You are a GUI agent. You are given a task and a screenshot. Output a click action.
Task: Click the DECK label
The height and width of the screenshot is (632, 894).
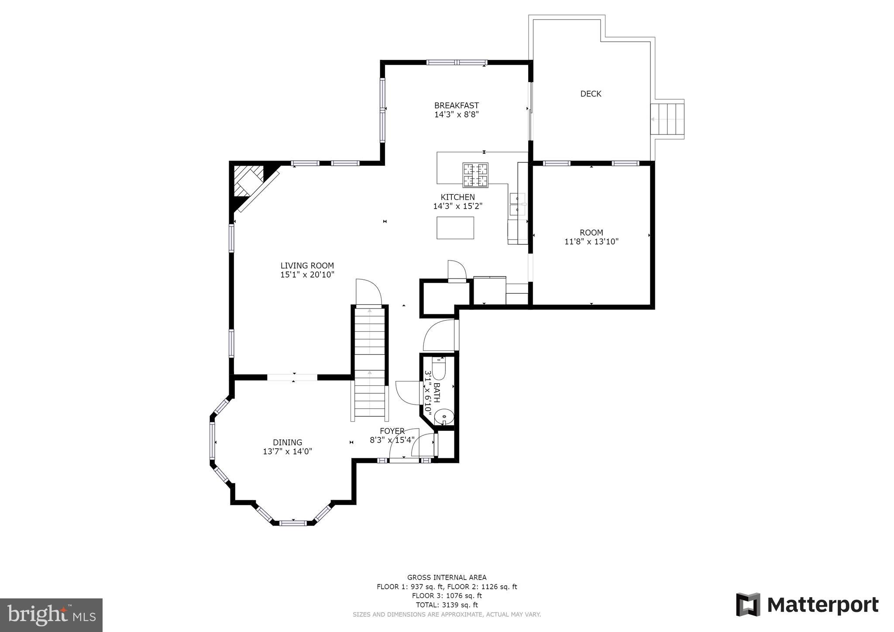(591, 94)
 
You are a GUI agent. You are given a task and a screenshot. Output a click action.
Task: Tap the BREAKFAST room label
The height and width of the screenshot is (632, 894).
(456, 105)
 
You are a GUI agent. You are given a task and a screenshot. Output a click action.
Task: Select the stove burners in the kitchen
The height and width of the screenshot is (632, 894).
(475, 175)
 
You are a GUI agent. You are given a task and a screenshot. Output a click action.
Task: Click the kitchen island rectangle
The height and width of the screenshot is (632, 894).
(455, 228)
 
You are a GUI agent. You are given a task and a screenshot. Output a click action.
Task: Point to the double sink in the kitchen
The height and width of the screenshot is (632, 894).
(518, 204)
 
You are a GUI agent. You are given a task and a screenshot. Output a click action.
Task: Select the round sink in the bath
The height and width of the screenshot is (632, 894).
(444, 417)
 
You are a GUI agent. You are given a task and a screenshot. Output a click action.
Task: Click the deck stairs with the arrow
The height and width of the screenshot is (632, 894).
(667, 119)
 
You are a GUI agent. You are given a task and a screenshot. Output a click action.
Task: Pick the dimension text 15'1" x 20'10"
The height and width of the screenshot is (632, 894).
(307, 275)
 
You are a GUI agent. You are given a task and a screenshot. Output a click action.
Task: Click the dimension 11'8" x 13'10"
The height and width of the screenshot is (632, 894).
(591, 241)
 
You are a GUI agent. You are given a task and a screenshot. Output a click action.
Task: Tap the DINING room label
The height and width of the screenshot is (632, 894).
(287, 442)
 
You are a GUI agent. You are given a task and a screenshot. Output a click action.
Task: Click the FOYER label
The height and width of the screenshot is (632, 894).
(392, 431)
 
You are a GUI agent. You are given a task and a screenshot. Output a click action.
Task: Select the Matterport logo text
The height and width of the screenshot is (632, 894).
(822, 605)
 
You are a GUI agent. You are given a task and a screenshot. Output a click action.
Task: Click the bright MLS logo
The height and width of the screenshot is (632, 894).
(51, 615)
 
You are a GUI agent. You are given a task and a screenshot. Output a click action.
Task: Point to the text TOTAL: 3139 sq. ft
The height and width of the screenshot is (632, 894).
(447, 605)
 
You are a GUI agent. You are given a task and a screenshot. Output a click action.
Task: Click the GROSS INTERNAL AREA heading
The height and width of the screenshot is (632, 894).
(447, 577)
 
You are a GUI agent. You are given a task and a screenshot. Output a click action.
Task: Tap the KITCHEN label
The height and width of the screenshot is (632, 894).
(457, 197)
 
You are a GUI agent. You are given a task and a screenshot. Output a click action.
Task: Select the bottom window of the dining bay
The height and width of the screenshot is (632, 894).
(293, 522)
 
